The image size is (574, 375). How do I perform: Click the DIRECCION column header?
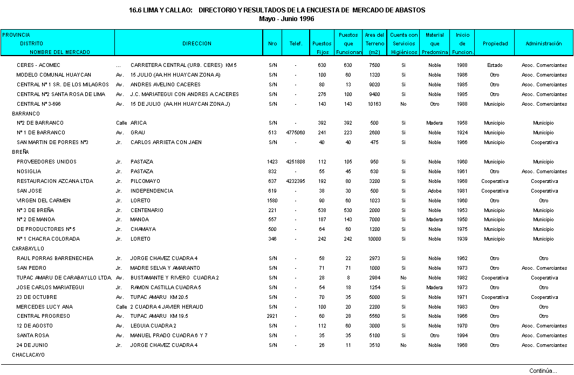[196, 44]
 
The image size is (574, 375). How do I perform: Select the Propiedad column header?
[495, 44]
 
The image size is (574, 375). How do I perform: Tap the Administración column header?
[544, 44]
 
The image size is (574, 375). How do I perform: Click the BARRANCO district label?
[26, 114]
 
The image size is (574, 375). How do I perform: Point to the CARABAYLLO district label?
[28, 249]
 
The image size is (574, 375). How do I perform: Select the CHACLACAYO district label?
[28, 355]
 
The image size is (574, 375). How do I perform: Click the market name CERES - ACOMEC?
[38, 65]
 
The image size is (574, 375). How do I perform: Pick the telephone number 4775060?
[296, 133]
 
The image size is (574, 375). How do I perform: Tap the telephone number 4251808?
[296, 162]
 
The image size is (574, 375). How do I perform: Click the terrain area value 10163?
[374, 104]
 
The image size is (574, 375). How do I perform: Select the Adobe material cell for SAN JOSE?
[434, 191]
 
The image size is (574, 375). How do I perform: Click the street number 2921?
[272, 316]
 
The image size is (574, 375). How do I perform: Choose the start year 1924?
[462, 133]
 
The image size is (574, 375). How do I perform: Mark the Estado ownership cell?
[495, 65]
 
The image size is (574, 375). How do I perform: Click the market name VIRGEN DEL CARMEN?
[44, 201]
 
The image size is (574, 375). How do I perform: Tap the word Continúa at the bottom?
[543, 371]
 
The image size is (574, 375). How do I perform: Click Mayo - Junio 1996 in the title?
[286, 18]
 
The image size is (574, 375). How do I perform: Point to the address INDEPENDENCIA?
[152, 191]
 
